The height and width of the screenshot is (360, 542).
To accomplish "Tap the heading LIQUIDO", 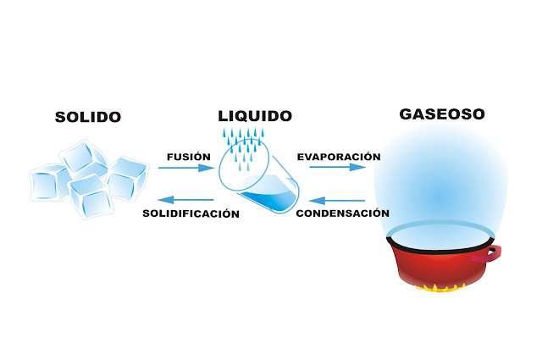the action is pyautogui.click(x=255, y=115).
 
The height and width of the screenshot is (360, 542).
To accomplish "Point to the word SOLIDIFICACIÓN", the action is pyautogui.click(x=191, y=213).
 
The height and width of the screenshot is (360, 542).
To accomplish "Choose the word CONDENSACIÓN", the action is pyautogui.click(x=342, y=213).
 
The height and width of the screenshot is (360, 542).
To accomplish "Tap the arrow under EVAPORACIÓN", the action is pyautogui.click(x=337, y=168).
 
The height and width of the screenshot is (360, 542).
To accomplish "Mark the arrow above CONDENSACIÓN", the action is pyautogui.click(x=337, y=201).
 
